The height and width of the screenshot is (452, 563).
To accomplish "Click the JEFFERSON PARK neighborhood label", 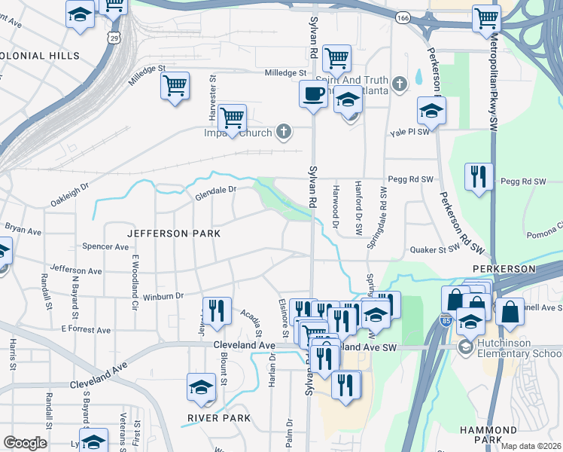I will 174,234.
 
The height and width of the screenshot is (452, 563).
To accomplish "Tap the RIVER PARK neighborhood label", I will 219,417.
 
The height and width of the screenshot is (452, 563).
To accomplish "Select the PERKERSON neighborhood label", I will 504,268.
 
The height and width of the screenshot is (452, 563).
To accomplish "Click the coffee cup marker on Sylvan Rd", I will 312,94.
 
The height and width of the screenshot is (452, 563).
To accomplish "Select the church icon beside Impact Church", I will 284,133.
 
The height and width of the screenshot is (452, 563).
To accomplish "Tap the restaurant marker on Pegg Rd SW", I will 479,176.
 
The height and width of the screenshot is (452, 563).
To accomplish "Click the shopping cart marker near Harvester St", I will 233,118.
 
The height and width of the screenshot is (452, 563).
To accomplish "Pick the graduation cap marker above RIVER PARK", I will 201,387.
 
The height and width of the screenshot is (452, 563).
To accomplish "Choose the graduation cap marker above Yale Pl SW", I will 431,111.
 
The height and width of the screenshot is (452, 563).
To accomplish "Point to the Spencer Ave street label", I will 106,246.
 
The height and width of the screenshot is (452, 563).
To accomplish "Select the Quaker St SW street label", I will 434,250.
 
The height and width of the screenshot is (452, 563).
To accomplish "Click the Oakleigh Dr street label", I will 69,195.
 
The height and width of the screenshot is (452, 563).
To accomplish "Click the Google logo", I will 25,443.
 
